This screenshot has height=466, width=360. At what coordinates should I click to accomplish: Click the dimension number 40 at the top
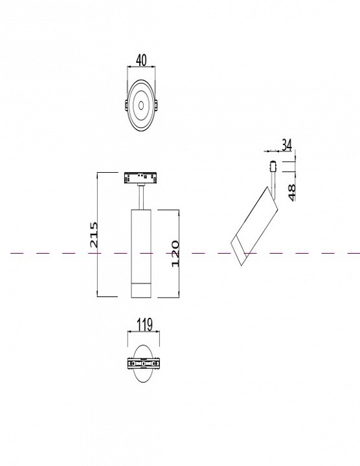click(x=141, y=60)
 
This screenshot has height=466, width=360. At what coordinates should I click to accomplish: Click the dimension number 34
click(x=287, y=144)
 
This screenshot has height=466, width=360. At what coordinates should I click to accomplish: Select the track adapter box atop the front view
click(x=141, y=177)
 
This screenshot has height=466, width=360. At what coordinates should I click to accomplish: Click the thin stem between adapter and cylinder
click(x=141, y=196)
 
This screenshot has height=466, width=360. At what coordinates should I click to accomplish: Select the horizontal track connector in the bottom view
click(x=141, y=364)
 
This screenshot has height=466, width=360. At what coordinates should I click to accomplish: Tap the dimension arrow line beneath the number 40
click(x=141, y=69)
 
